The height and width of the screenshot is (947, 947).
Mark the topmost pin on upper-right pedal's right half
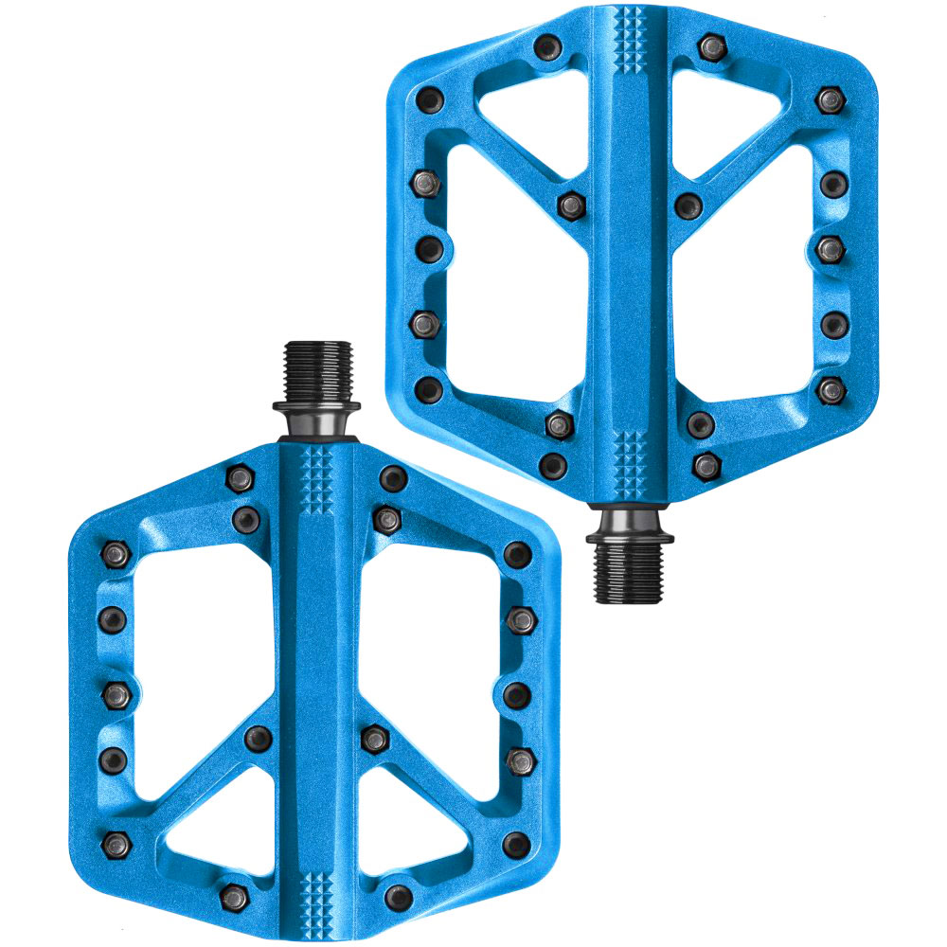(x=712, y=45)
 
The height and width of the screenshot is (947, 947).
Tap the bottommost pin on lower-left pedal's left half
(x=233, y=892)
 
